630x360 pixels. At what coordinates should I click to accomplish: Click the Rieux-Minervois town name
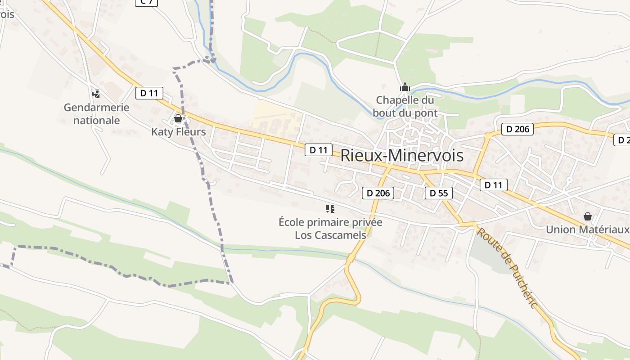(402, 155)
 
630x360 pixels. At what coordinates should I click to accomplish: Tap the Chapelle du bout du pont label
(405, 107)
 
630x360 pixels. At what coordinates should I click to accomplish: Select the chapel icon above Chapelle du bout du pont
(405, 86)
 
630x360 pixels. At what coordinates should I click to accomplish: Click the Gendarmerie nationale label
(96, 114)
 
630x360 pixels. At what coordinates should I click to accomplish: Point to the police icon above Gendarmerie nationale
(96, 94)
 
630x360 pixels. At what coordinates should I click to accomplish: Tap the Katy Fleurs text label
(178, 132)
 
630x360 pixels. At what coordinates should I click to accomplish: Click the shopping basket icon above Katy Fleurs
(178, 118)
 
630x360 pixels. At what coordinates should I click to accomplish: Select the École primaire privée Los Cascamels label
(330, 228)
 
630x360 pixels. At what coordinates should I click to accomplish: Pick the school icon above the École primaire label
(330, 208)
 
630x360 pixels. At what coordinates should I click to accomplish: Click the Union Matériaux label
(587, 229)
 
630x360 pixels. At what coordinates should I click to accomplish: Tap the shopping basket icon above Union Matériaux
(587, 216)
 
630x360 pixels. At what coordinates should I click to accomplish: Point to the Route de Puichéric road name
(507, 268)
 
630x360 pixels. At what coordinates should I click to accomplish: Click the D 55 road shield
(439, 193)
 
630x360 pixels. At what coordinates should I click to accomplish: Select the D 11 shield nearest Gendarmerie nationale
(149, 93)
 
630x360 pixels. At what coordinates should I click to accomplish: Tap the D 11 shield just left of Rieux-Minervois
(319, 149)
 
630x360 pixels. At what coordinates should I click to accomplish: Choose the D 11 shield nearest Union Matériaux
(494, 184)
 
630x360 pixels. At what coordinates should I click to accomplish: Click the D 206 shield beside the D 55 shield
(378, 193)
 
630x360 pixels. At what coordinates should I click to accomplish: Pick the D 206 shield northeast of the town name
(517, 129)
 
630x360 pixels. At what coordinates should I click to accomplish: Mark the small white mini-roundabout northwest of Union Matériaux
(569, 180)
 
